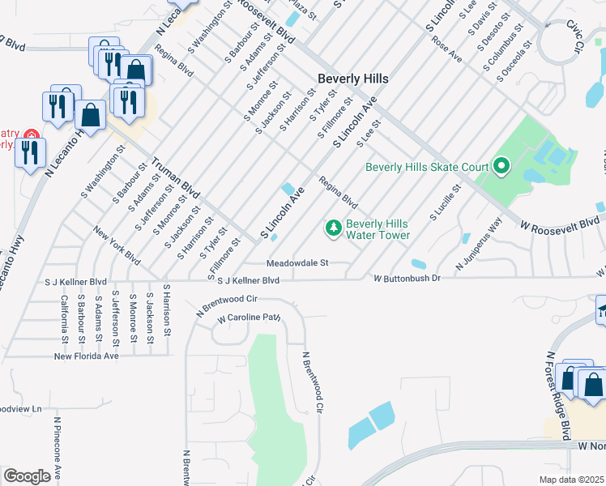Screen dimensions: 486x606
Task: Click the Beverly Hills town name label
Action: pyautogui.click(x=352, y=79)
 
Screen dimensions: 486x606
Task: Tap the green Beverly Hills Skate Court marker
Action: pyautogui.click(x=501, y=167)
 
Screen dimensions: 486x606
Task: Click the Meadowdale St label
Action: pyautogui.click(x=297, y=263)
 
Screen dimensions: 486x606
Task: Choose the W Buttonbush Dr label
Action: pyautogui.click(x=406, y=279)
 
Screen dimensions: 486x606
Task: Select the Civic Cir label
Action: pyautogui.click(x=575, y=37)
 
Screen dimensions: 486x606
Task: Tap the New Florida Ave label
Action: pyautogui.click(x=86, y=356)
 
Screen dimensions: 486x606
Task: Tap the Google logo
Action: pyautogui.click(x=27, y=476)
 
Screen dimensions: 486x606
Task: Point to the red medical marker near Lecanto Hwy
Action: pyautogui.click(x=31, y=134)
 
